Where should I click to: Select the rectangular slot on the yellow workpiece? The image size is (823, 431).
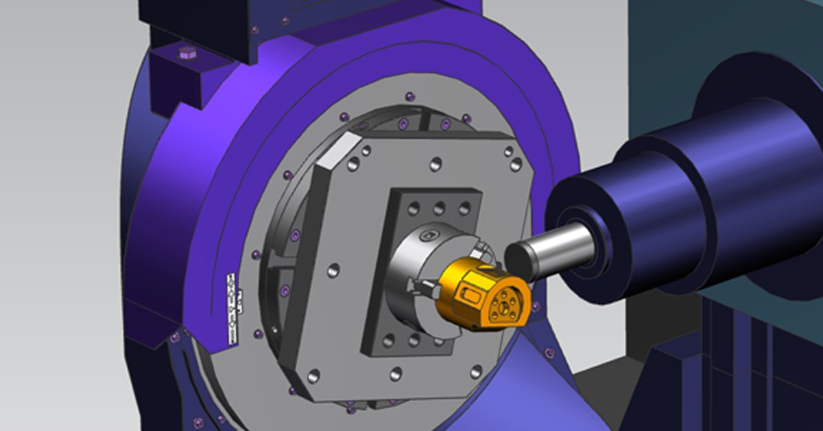[x=470, y=298]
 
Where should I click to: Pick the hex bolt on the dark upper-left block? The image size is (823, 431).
[x=187, y=52]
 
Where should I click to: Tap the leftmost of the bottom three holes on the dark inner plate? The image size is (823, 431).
[x=389, y=339]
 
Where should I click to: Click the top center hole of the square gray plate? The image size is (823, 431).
[x=435, y=164]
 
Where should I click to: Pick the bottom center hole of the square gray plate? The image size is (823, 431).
[x=396, y=374]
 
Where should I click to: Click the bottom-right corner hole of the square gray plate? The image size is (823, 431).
[x=475, y=371]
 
